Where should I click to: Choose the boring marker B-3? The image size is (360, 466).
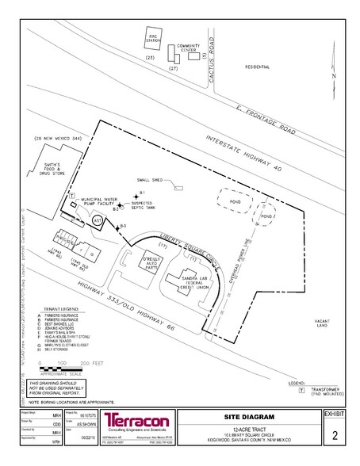[118, 228]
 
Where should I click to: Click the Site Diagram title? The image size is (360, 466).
[248, 417]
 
